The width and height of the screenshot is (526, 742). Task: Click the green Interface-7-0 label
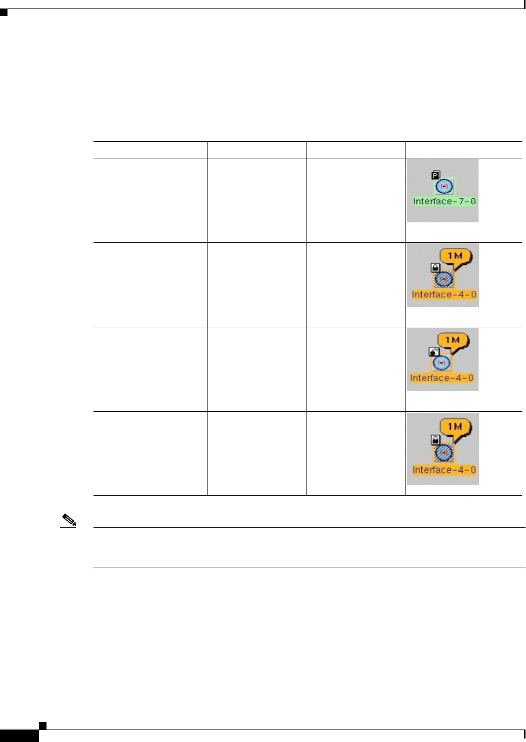(444, 201)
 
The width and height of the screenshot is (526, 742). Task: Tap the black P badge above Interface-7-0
(435, 175)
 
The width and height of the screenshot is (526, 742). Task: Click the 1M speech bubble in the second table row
(455, 257)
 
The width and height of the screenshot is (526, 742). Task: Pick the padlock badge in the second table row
(435, 268)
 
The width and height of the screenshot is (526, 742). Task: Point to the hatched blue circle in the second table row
(443, 279)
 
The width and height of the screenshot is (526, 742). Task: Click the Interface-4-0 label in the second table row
(443, 295)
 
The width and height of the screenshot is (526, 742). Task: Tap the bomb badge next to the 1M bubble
(433, 351)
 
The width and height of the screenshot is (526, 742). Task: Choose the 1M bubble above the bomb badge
(452, 341)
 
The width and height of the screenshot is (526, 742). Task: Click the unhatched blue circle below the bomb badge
(441, 363)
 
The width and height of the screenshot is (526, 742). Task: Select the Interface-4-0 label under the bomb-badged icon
(441, 378)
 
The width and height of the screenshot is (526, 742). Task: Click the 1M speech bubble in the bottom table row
(455, 427)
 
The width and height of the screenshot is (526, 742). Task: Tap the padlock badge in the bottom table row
(435, 440)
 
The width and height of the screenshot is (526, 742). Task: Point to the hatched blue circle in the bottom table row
(443, 453)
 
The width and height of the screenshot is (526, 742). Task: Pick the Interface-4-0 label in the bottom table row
(444, 470)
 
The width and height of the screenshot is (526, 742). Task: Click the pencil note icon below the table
(69, 521)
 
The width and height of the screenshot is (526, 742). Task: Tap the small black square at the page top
(3, 12)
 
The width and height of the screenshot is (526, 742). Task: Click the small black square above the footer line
(42, 725)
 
